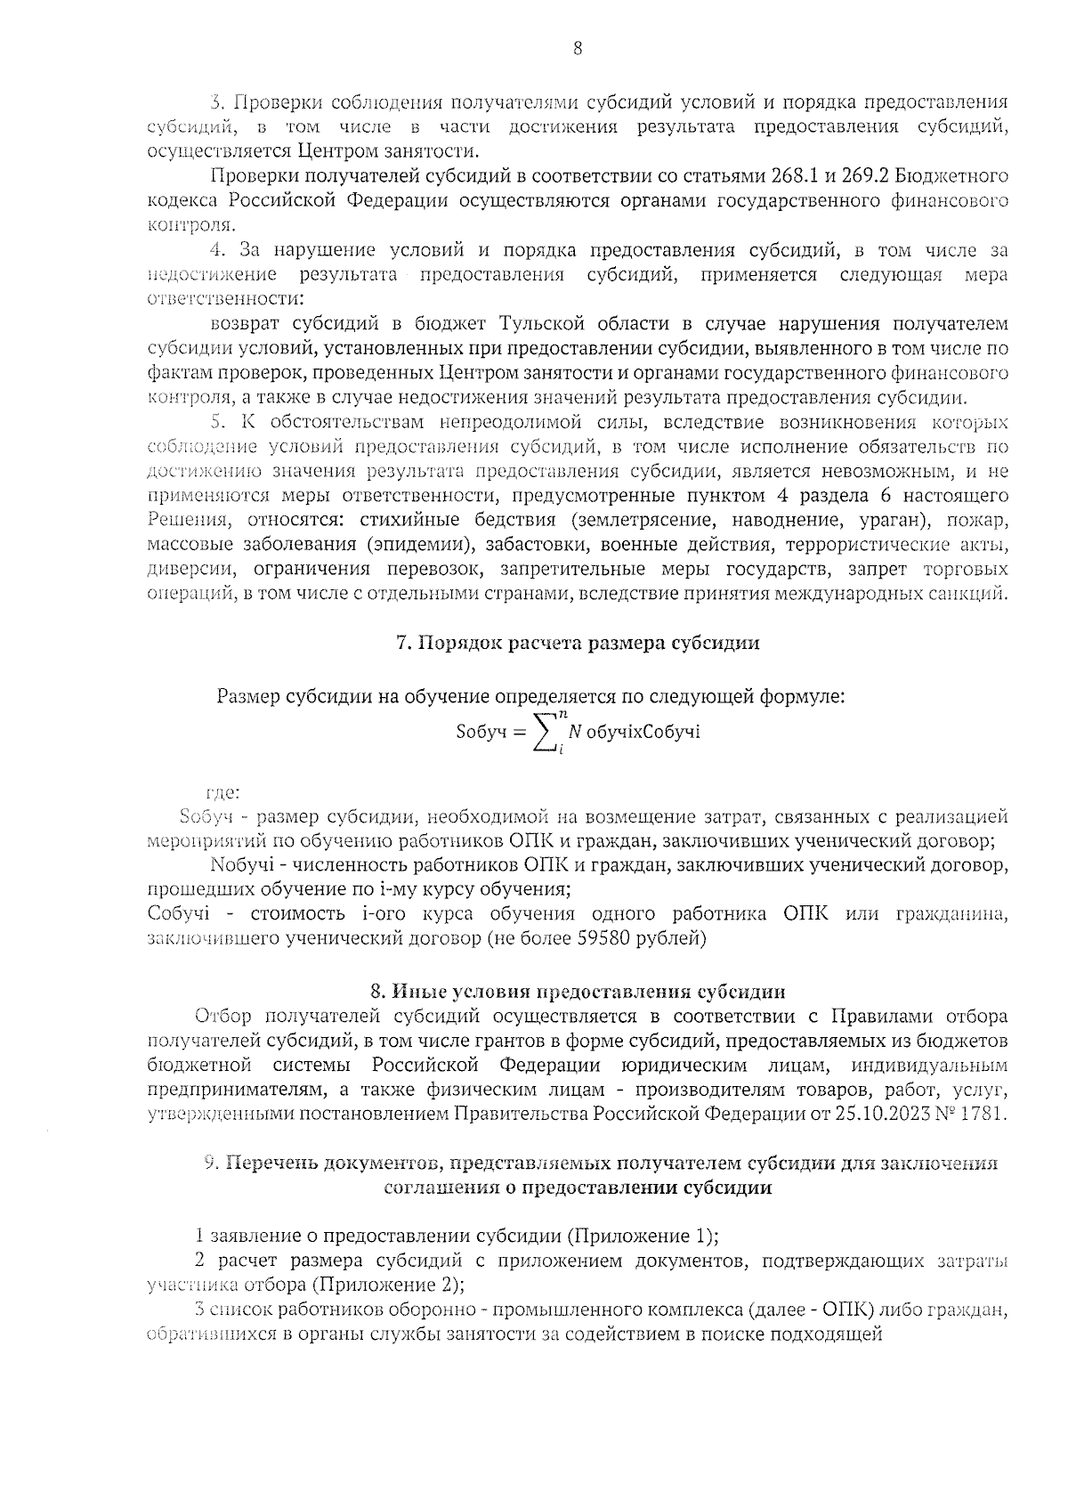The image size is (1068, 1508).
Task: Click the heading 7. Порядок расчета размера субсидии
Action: point(578,643)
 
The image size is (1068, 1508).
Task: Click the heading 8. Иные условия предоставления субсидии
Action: point(578,992)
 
